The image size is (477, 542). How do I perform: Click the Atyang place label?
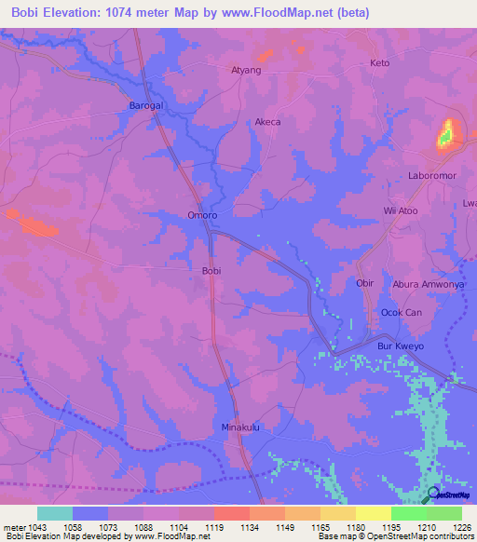(x=246, y=70)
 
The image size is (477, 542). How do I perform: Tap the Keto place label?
(x=379, y=63)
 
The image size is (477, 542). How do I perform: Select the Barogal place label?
(x=145, y=106)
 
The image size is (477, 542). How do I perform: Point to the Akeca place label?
(x=267, y=122)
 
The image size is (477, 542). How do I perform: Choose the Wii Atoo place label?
(x=401, y=211)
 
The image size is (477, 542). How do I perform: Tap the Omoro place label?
(x=202, y=215)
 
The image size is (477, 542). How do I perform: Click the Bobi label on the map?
(x=211, y=271)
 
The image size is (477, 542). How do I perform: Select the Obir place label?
(x=365, y=282)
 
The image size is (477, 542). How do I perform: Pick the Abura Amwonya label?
(x=428, y=284)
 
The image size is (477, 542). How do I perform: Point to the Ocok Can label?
(x=402, y=313)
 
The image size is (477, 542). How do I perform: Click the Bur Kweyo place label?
(x=400, y=346)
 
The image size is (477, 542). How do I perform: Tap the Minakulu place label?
(x=238, y=427)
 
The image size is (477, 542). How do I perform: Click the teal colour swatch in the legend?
(x=55, y=513)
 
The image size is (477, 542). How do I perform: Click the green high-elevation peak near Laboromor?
(x=447, y=135)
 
